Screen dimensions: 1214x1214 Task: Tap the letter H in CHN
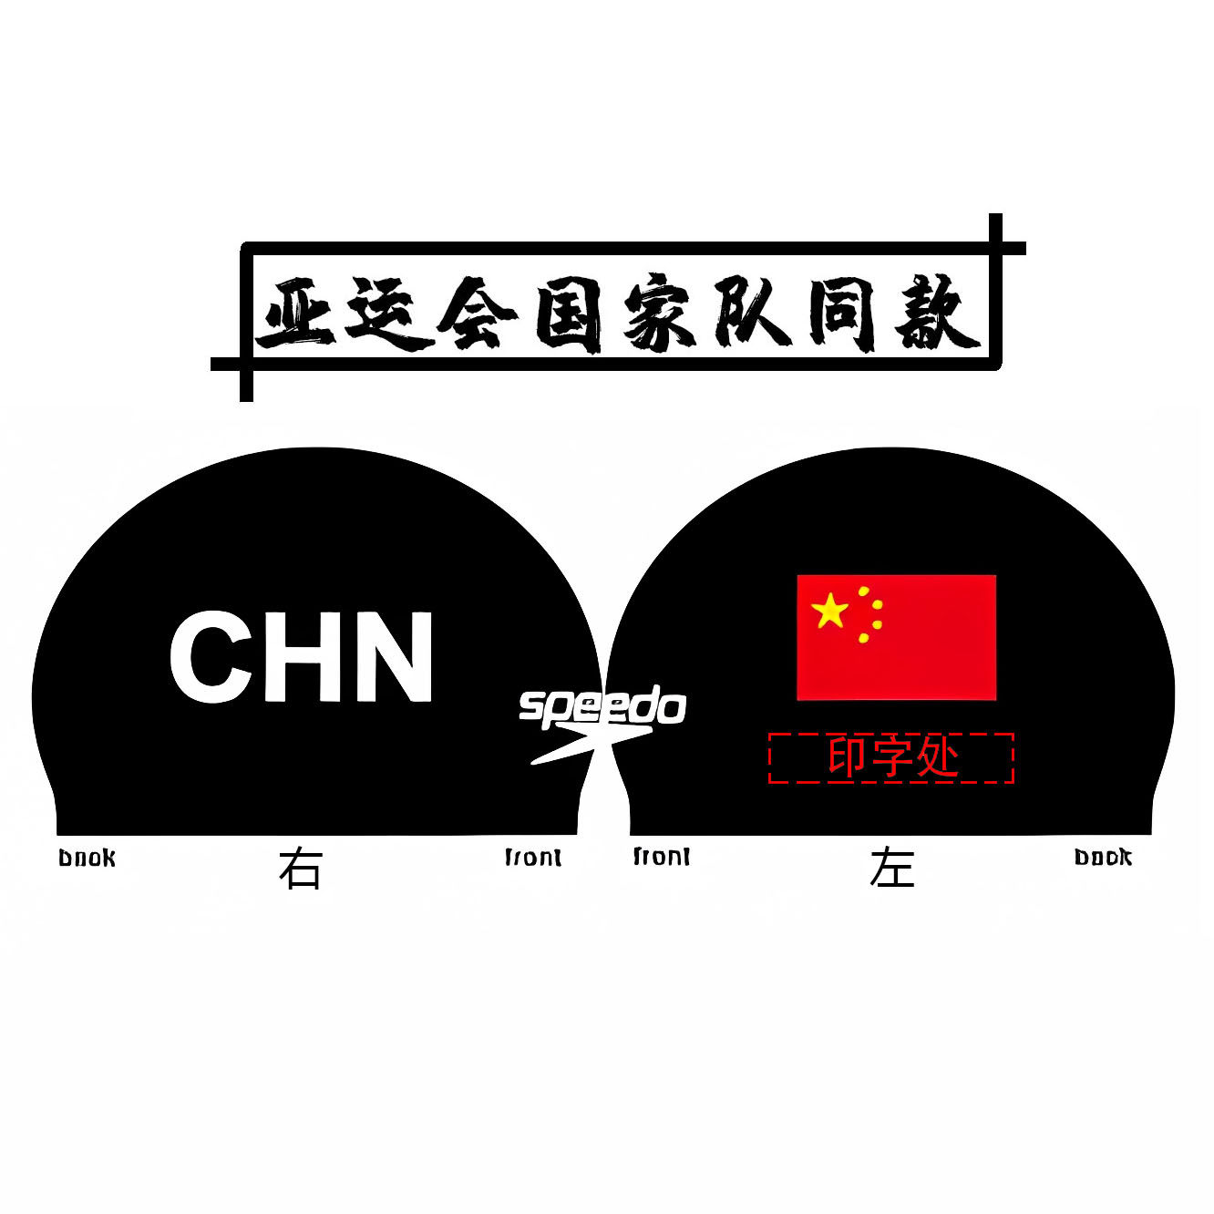tap(303, 657)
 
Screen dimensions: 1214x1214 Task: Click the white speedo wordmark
tap(602, 708)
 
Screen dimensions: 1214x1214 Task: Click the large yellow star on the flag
tap(830, 611)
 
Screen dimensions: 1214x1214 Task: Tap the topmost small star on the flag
tap(863, 591)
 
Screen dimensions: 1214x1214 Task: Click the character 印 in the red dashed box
tap(848, 757)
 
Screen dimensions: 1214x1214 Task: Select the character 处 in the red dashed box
tap(938, 757)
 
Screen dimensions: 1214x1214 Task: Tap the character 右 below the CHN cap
tap(301, 869)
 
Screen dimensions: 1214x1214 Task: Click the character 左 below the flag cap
tap(891, 869)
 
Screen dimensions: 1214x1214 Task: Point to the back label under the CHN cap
tap(87, 859)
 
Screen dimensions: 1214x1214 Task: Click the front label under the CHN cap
tap(533, 858)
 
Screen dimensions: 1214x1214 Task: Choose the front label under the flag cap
tap(662, 858)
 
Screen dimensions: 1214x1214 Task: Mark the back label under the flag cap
tap(1103, 858)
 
